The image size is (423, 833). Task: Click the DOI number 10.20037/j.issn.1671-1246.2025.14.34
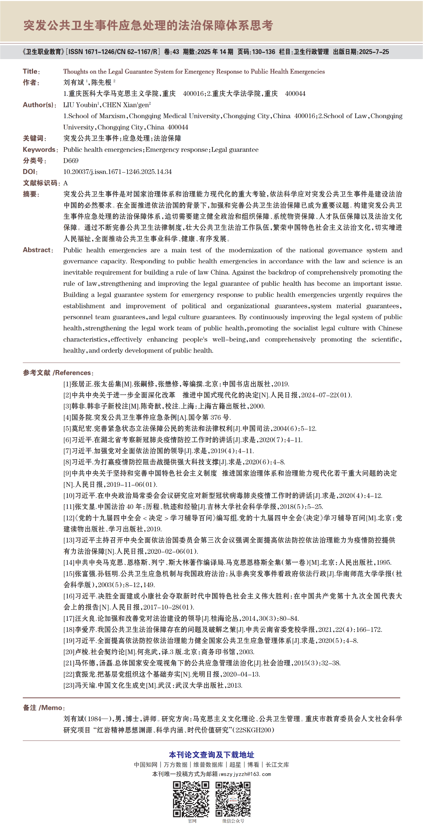pos(117,172)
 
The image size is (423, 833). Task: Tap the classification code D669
pos(71,161)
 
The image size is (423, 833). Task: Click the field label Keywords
pos(39,150)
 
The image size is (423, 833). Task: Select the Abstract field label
pos(37,250)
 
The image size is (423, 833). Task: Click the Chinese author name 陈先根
pos(102,83)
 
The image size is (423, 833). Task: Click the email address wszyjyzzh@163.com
pos(246,774)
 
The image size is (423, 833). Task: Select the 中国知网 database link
pos(146,765)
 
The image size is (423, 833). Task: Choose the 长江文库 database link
pos(277,765)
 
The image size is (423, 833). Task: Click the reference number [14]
pos(69,562)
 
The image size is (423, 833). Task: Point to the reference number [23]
pos(69,685)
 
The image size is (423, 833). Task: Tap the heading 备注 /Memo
pos(43,708)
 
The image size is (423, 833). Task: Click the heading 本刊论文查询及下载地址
pos(211,755)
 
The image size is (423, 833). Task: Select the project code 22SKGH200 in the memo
pos(253,730)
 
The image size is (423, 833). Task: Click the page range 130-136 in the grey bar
pos(263,52)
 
